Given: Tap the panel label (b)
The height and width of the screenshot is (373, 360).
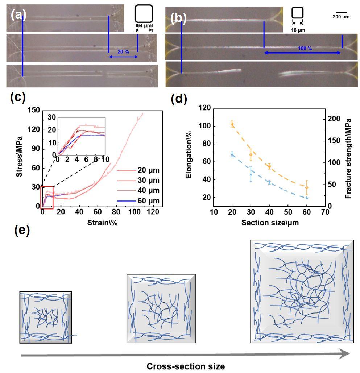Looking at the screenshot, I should (178, 17).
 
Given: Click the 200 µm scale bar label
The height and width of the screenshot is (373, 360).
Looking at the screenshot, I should (341, 17).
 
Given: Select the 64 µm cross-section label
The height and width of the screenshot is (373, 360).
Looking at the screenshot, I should (144, 26).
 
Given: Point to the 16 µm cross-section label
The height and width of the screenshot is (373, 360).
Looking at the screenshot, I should (298, 30).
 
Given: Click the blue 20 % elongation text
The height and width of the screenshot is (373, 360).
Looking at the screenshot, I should (123, 52).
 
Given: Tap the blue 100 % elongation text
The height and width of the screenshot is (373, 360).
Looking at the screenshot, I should (305, 48).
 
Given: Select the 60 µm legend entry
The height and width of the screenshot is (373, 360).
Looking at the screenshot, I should (148, 200).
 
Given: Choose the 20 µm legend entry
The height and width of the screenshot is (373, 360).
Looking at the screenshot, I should (148, 170).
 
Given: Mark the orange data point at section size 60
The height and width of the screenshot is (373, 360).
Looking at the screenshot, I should (307, 187).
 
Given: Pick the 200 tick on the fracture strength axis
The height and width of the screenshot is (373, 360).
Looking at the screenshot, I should (334, 119).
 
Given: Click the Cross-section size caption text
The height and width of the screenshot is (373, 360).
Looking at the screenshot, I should (185, 366).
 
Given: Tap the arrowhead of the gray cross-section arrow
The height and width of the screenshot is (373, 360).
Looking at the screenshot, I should (344, 354).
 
